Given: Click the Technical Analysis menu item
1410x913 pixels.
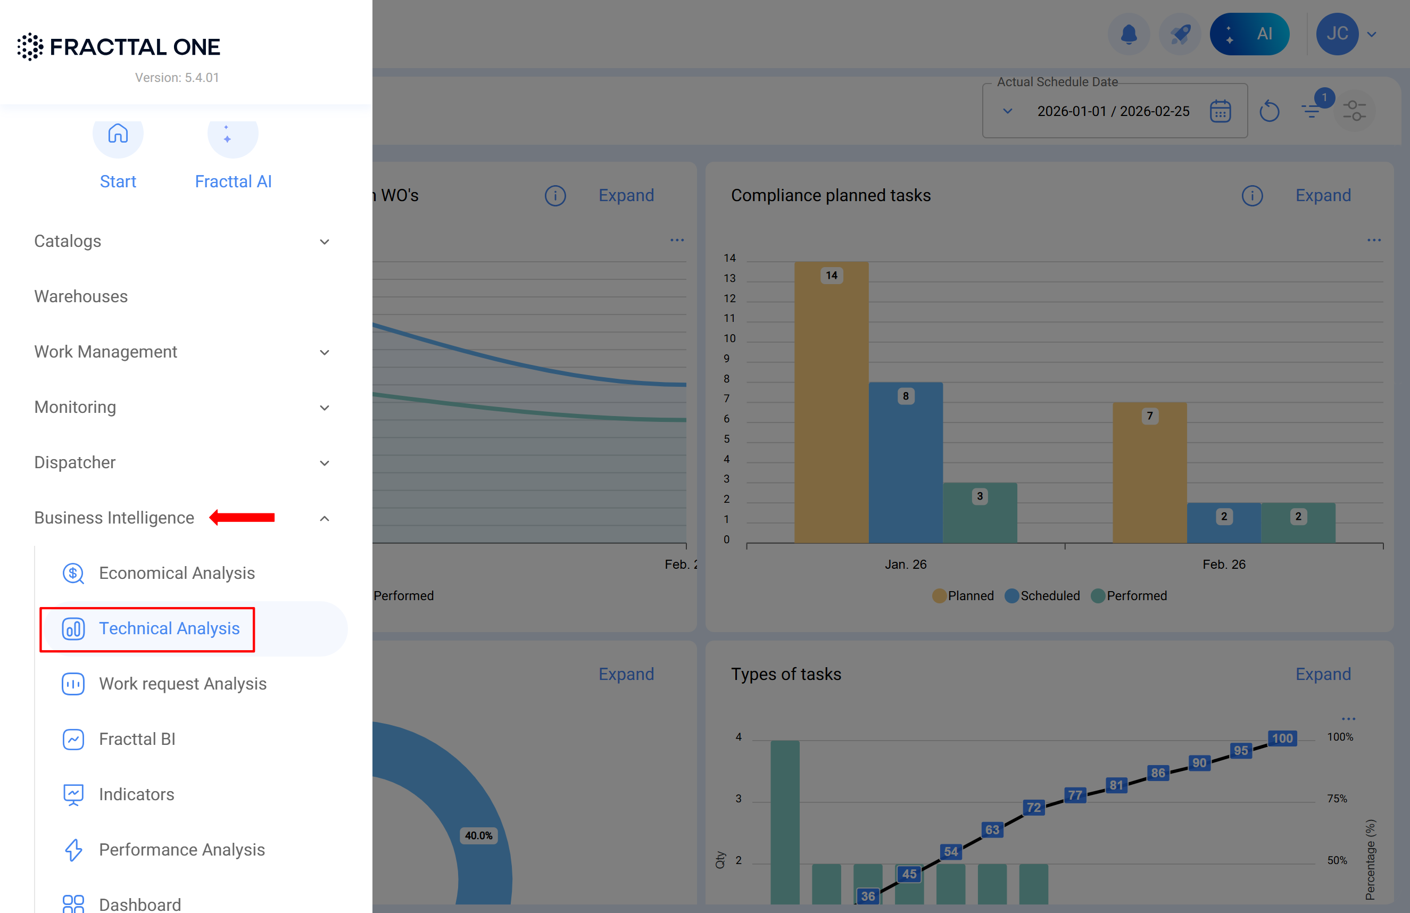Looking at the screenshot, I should (169, 628).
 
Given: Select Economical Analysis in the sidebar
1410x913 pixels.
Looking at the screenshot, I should (176, 573).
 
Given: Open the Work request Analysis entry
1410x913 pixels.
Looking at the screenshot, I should (182, 684).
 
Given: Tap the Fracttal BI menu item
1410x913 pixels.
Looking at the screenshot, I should (137, 739).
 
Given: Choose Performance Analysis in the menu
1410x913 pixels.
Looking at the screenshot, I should (181, 850).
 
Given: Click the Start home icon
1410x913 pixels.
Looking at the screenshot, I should (118, 135).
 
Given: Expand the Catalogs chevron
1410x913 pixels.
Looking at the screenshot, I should (324, 242).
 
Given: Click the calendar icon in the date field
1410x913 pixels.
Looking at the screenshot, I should (1220, 111).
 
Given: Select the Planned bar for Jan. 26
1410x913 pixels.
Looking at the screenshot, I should (831, 403).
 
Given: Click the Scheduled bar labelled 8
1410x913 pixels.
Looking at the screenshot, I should (905, 462).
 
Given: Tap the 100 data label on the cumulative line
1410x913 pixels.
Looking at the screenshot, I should (1282, 738).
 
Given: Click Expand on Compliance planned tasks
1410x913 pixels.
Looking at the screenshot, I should (1323, 195).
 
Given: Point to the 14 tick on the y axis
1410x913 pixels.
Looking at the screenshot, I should (729, 259).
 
